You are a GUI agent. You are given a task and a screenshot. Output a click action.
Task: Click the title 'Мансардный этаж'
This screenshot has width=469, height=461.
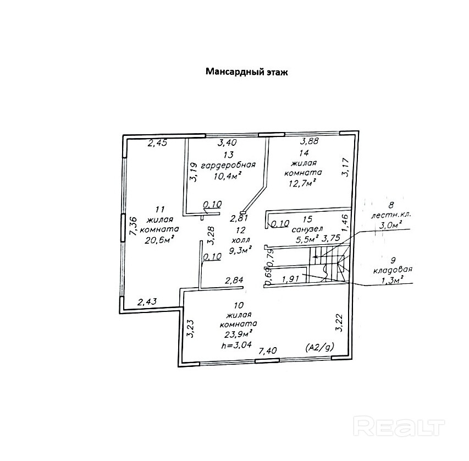pos(246,72)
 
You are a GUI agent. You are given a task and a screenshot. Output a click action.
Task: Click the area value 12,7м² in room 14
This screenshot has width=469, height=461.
pos(301,183)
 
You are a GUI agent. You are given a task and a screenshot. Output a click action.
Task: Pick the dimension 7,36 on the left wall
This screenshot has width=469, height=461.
pos(133,226)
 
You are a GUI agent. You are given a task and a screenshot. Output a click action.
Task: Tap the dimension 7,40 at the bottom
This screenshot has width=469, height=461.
pos(268,350)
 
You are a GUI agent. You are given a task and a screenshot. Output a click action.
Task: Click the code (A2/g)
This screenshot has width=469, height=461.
pos(319,347)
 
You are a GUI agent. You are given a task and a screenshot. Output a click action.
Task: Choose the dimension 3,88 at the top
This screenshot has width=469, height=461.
pos(310,141)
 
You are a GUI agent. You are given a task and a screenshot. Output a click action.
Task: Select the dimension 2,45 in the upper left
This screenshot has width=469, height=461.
pos(156,143)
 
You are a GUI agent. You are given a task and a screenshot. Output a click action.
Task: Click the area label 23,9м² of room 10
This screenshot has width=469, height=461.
pos(238,333)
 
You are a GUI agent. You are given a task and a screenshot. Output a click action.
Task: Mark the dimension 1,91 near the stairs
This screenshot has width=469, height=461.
pos(290,279)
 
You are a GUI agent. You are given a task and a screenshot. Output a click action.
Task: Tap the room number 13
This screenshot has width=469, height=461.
pos(228,155)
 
